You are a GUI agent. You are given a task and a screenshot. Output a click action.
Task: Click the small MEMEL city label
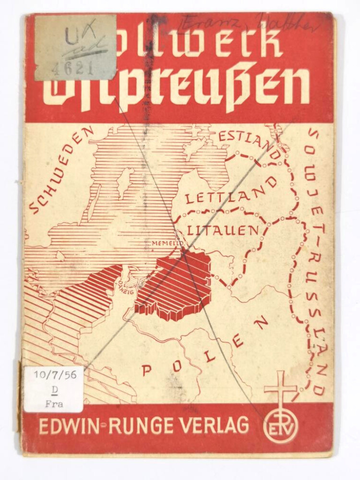[x=164, y=243]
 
